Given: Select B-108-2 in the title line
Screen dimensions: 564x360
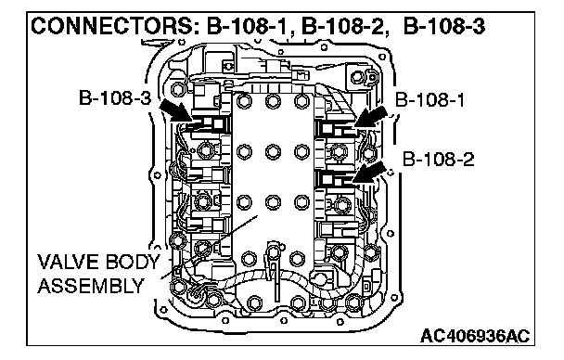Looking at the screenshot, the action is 341,26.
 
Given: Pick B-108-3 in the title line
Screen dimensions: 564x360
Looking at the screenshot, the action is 444,26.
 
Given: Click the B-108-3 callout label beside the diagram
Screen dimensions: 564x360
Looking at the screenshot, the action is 115,97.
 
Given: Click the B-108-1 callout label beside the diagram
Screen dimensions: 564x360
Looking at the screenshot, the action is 429,99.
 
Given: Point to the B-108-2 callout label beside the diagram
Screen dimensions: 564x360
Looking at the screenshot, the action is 438,160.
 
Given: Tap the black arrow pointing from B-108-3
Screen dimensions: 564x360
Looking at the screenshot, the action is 175,110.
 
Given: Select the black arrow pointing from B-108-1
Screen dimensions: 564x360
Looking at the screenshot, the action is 370,117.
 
